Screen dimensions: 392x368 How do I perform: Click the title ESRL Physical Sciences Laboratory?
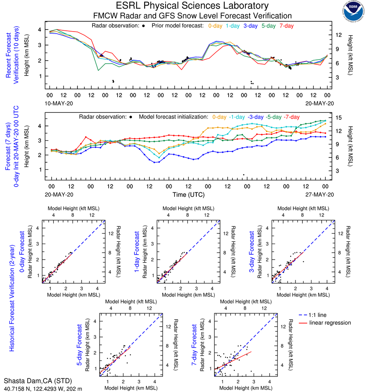tap(193, 6)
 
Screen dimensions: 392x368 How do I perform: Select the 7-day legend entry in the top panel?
tap(287, 26)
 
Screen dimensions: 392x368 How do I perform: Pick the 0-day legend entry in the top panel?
tap(215, 26)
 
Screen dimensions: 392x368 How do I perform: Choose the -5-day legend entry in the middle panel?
tap(271, 117)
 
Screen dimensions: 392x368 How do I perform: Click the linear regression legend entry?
tap(330, 323)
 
